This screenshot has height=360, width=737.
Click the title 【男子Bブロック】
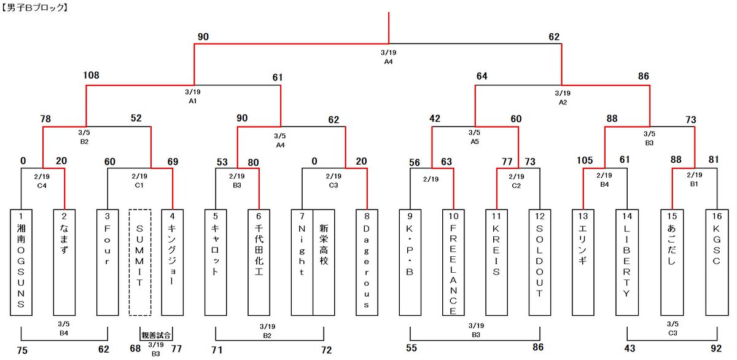[x=35, y=9]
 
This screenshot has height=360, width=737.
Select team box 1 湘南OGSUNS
[x=21, y=262]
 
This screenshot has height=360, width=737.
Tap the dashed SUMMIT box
[x=140, y=262]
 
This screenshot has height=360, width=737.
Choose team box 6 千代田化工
[x=259, y=262]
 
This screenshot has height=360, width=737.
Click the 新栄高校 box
[x=324, y=262]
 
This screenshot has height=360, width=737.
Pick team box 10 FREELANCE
[x=453, y=262]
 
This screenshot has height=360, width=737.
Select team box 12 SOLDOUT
[x=540, y=262]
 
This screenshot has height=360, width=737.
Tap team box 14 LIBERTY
[x=626, y=262]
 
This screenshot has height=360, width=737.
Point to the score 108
[x=91, y=76]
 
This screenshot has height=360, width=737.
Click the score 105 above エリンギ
[x=585, y=161]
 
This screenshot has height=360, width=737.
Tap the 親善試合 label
[x=156, y=335]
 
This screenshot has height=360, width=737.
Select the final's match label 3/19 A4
[x=389, y=58]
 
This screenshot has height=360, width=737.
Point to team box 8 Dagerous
[x=367, y=262]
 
